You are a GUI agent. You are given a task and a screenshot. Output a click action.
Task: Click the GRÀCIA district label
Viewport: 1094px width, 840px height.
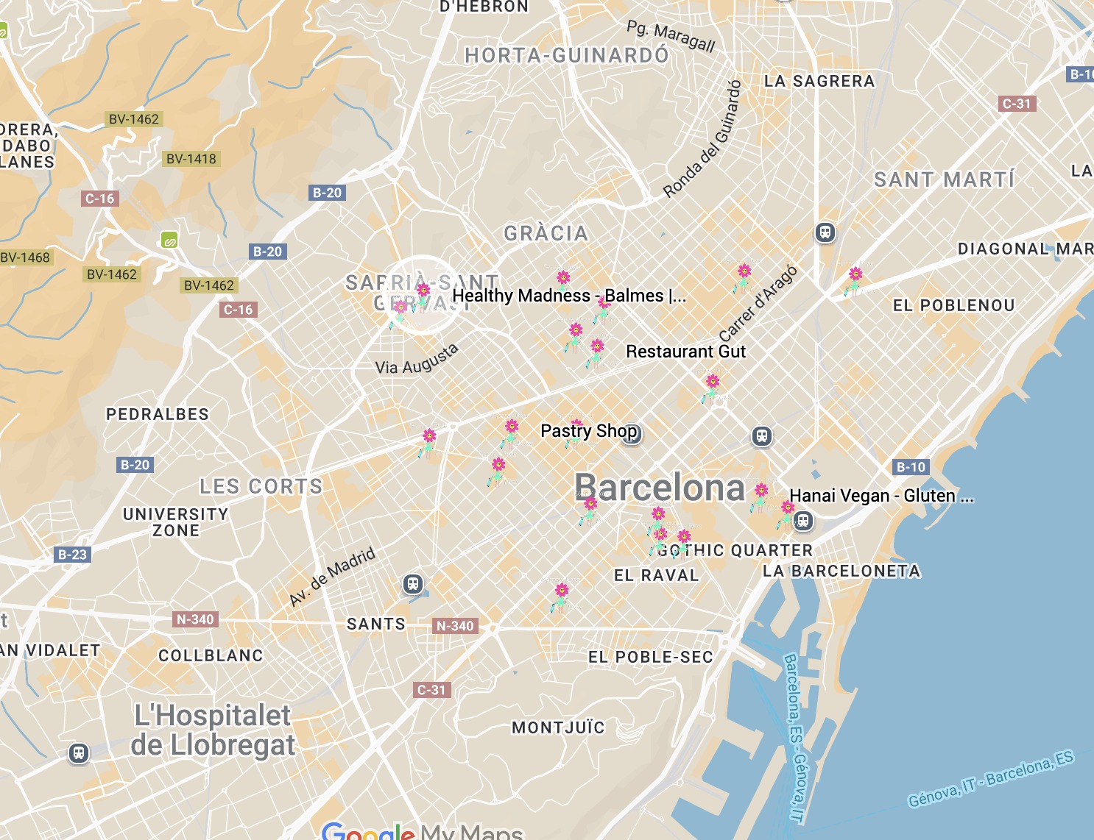[546, 234]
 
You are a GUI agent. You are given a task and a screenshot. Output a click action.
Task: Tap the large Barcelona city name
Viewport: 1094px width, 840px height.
[660, 488]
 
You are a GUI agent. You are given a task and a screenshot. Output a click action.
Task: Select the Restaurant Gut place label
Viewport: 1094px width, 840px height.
[685, 352]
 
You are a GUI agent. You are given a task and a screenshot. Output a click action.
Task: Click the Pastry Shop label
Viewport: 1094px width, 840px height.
[588, 431]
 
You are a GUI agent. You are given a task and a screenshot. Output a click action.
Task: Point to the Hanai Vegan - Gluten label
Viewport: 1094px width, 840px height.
[881, 496]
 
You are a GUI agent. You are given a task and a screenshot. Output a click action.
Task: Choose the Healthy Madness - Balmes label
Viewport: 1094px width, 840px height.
[568, 296]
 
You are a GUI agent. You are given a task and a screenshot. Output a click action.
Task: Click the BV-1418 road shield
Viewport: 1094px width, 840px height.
[191, 159]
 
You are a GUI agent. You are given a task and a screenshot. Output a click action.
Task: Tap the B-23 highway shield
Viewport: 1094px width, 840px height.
[72, 555]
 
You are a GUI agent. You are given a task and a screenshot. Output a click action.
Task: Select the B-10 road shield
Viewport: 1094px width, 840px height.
[911, 467]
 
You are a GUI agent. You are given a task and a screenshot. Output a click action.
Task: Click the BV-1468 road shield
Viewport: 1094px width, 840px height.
[26, 257]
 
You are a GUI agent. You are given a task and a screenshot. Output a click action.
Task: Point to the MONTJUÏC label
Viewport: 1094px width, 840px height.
[558, 728]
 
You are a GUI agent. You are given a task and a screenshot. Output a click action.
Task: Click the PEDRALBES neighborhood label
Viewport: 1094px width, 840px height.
[158, 414]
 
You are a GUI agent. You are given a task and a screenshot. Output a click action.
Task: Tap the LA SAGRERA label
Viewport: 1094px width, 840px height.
[819, 81]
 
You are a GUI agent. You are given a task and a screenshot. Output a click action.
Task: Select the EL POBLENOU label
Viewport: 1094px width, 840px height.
[953, 305]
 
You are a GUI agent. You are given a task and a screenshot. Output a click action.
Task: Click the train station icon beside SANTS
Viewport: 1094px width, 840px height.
[413, 584]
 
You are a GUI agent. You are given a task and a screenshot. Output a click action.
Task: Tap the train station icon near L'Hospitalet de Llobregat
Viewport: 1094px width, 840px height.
[78, 753]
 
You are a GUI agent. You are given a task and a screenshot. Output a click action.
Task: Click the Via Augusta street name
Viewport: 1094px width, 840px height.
[417, 360]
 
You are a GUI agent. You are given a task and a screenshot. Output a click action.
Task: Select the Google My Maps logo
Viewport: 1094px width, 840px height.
[422, 831]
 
